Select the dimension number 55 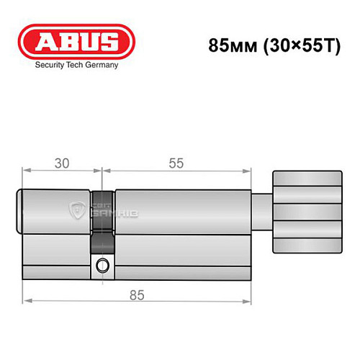pyautogui.click(x=176, y=163)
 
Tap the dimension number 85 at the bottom pyautogui.click(x=137, y=294)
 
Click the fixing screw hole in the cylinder pyautogui.click(x=102, y=266)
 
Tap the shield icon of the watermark pyautogui.click(x=77, y=211)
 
